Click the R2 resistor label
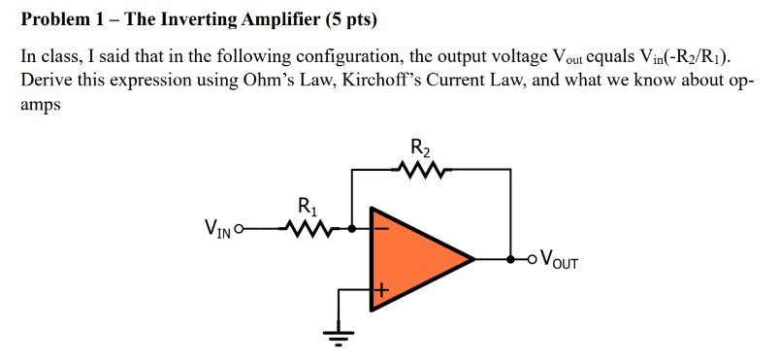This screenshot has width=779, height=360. pyautogui.click(x=421, y=149)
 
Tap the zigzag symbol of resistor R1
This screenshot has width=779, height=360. pyautogui.click(x=308, y=230)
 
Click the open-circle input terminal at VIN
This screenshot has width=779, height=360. pyautogui.click(x=240, y=230)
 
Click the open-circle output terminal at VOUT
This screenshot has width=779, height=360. pyautogui.click(x=529, y=259)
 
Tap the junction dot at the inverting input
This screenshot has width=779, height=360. pyautogui.click(x=350, y=230)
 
